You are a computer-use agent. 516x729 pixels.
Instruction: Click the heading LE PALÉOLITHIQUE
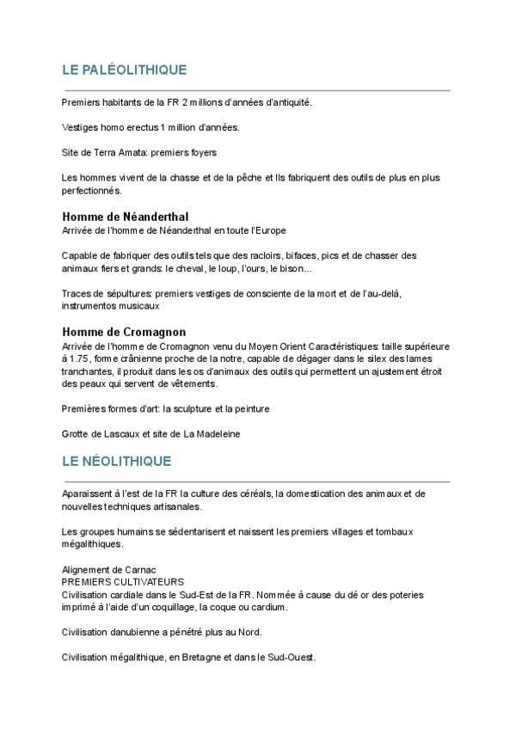(x=124, y=70)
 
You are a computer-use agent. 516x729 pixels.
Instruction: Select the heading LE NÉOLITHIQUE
(x=117, y=462)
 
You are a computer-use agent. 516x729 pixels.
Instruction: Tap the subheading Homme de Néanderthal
(x=126, y=217)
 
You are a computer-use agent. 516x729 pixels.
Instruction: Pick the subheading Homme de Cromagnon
(x=124, y=332)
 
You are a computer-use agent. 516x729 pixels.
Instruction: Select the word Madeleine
(x=218, y=434)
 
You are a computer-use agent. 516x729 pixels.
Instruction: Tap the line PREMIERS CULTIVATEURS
(x=117, y=582)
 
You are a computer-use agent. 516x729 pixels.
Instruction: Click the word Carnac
(x=127, y=570)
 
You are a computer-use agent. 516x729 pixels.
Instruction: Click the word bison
(x=293, y=268)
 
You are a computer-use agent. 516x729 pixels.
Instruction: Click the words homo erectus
(x=118, y=126)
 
